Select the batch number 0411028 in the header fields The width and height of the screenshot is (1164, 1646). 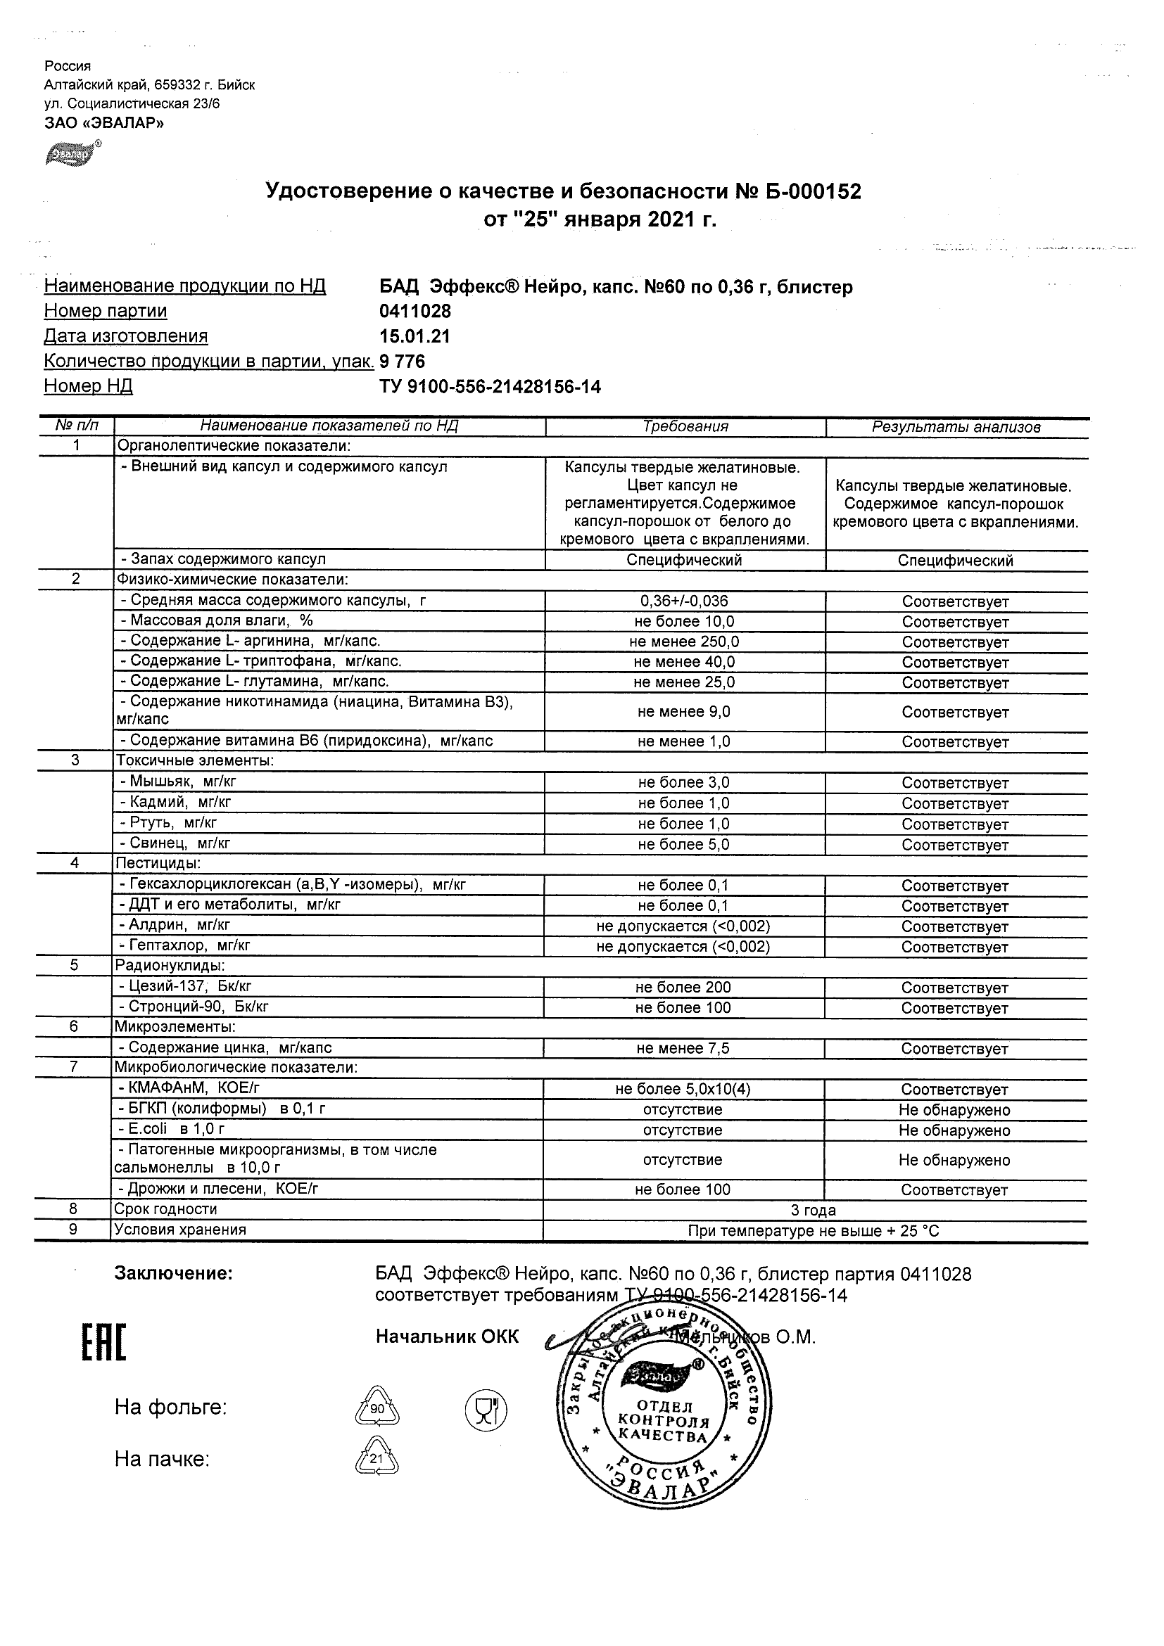click(x=415, y=311)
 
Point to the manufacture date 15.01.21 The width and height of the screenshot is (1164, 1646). click(x=415, y=336)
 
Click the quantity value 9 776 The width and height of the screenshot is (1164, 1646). click(x=403, y=362)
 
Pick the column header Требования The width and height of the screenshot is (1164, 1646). click(x=685, y=426)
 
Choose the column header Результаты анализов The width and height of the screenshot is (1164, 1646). click(x=956, y=427)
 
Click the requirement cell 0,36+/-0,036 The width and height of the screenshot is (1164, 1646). click(x=684, y=601)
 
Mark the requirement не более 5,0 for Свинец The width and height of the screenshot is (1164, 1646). click(x=683, y=845)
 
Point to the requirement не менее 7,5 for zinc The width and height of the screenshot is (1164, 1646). click(x=683, y=1049)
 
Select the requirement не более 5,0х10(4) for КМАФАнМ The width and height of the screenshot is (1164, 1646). click(x=683, y=1090)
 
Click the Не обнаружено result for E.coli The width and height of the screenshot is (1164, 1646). click(x=954, y=1130)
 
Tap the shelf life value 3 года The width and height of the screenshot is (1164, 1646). click(x=814, y=1211)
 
